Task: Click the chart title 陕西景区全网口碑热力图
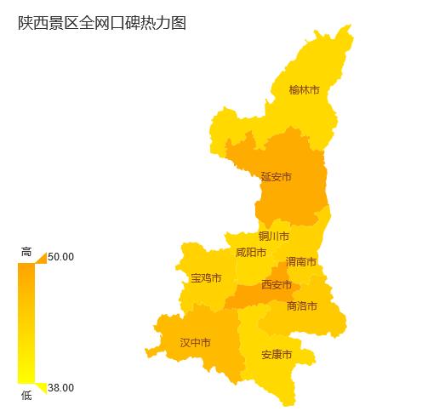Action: [101, 24]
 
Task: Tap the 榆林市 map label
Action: [304, 89]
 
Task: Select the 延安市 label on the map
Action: [276, 177]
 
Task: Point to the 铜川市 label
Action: [274, 236]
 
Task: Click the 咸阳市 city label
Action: [251, 253]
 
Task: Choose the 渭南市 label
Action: [301, 261]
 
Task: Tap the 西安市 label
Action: [277, 284]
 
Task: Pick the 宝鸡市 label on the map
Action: [206, 278]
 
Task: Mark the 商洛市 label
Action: [302, 305]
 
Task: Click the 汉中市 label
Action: [195, 343]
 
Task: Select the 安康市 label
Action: [277, 354]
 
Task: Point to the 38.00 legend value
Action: [61, 388]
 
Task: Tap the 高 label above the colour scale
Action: [26, 252]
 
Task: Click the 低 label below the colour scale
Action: [26, 395]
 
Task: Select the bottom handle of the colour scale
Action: [41, 388]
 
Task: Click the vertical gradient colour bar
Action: [26, 323]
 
